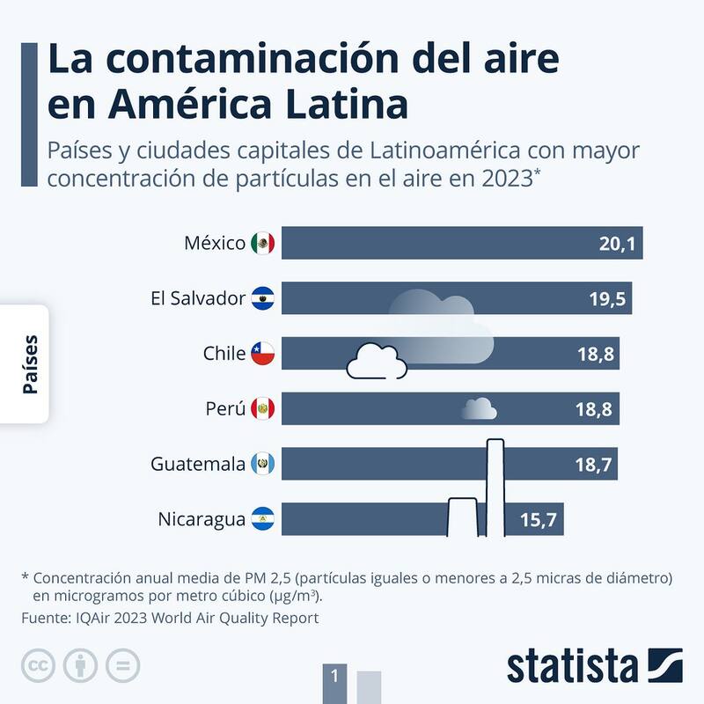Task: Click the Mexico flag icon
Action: pos(262,244)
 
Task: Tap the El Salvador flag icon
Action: pos(262,299)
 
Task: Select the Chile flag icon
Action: pos(262,354)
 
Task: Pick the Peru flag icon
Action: pos(262,408)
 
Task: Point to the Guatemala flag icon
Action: pos(262,464)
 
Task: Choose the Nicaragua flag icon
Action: pos(262,518)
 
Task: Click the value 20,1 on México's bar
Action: pos(616,244)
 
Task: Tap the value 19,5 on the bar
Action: pos(606,299)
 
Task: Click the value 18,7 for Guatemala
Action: pos(595,464)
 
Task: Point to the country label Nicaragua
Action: pos(202,519)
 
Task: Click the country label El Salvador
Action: pos(198,299)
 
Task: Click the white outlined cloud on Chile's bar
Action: pos(377,361)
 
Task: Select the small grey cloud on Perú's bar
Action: pos(480,408)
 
